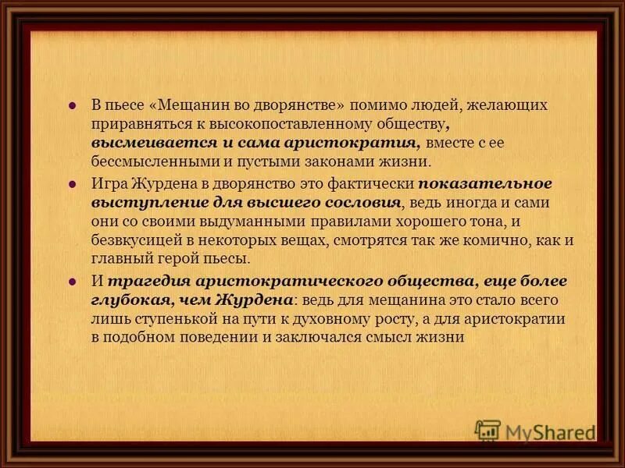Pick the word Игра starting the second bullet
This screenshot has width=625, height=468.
107,184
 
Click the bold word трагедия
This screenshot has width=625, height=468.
144,281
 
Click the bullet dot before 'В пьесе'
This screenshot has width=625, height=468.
72,105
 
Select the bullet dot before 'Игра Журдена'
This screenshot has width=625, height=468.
72,185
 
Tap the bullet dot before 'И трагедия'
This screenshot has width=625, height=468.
72,282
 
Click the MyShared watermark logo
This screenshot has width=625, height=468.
535,431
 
